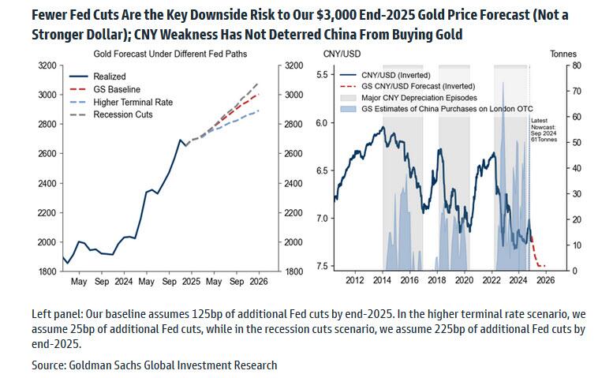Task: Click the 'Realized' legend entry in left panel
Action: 109,77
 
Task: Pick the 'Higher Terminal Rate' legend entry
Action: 133,102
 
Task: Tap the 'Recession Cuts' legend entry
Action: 121,114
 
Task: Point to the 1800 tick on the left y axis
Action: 47,271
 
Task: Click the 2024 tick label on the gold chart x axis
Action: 123,281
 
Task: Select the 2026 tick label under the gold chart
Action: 258,281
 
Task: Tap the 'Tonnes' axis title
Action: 563,53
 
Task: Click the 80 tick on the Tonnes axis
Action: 577,65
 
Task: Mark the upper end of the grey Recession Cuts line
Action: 258,83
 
